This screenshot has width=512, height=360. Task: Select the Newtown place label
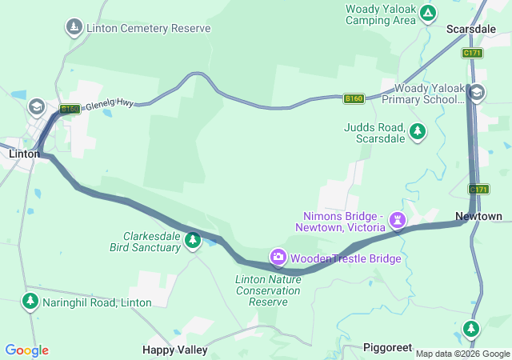coord(478,217)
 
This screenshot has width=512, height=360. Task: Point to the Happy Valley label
coord(174,350)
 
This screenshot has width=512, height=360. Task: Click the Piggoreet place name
coord(387,347)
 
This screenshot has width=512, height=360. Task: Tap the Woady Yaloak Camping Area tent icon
coord(429,13)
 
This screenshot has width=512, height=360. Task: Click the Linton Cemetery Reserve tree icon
coord(74,28)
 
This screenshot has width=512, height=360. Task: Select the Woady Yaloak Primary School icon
coord(477,93)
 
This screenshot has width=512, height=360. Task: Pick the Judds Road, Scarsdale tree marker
coord(417,131)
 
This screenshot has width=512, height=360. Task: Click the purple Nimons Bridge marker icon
coord(397,219)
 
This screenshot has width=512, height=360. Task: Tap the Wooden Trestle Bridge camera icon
coord(278,258)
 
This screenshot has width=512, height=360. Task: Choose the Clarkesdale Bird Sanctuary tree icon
coord(192,239)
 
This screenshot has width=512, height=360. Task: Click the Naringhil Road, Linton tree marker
coord(30,302)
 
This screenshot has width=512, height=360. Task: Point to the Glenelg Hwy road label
coord(109,105)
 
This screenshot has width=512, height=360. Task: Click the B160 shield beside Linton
coord(70,110)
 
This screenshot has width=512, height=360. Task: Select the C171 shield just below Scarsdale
coord(472,53)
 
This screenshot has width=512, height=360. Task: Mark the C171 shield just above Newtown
coord(478,190)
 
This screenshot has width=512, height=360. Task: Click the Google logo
coord(26,350)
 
